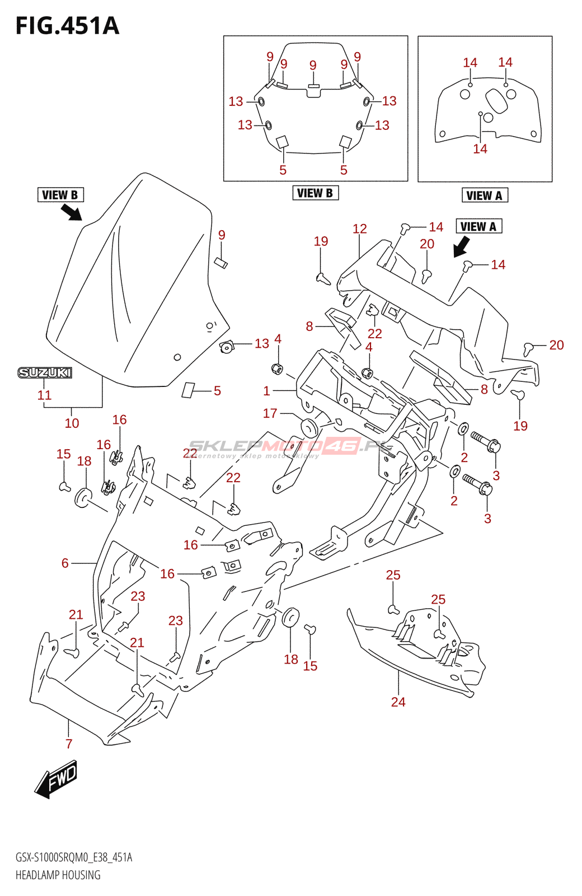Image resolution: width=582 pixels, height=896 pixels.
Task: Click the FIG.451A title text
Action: (x=67, y=26)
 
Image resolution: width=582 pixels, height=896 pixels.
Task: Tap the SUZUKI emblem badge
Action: (x=45, y=372)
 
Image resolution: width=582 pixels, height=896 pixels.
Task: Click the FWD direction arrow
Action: (x=56, y=778)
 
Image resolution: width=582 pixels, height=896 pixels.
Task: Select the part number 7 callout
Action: (x=69, y=744)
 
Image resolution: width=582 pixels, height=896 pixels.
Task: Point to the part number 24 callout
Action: (x=398, y=702)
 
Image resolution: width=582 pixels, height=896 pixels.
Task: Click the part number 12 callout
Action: (x=359, y=228)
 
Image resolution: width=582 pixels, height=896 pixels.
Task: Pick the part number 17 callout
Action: (x=270, y=413)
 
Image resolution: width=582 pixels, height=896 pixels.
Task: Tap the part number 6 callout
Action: (x=65, y=563)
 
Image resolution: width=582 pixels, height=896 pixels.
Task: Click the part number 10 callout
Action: (x=72, y=423)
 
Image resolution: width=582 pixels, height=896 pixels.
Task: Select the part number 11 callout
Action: (x=44, y=395)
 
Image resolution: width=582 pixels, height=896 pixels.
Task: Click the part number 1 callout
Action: (x=266, y=391)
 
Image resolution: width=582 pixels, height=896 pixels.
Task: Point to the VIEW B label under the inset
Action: (x=315, y=193)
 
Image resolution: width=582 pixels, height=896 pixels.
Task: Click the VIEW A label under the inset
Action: (x=484, y=195)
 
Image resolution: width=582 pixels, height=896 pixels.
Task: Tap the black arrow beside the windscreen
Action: (x=71, y=212)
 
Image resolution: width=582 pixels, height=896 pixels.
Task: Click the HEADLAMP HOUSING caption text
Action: (x=58, y=875)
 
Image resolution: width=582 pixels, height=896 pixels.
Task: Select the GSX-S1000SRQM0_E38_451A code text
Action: (x=74, y=857)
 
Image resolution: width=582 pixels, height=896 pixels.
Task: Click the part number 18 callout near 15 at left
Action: (x=84, y=461)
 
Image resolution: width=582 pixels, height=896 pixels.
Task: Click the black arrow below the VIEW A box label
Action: (x=462, y=246)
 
